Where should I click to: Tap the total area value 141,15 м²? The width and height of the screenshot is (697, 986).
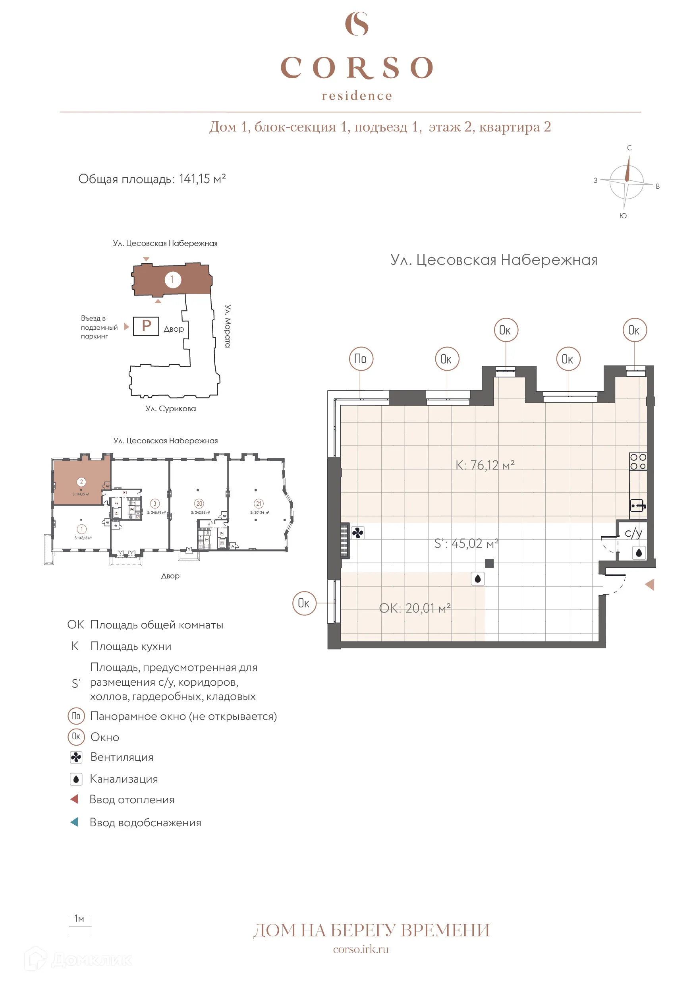tap(202, 179)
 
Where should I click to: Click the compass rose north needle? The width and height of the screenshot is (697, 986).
tap(627, 168)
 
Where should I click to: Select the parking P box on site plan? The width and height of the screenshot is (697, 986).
tap(146, 326)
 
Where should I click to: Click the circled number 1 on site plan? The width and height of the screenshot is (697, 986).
tap(173, 280)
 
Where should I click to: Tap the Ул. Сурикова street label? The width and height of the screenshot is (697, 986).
tap(170, 408)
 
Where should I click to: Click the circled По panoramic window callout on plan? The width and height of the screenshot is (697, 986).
tap(361, 359)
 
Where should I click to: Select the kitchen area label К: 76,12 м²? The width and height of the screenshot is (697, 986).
tap(485, 465)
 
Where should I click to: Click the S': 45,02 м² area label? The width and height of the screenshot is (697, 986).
tap(466, 543)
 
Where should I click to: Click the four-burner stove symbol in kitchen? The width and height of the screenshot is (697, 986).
tap(638, 462)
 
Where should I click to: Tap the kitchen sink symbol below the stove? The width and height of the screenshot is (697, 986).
tap(637, 505)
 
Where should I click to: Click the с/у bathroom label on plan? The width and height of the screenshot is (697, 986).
tap(633, 533)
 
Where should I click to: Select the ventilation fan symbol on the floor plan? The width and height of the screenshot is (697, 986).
tap(357, 533)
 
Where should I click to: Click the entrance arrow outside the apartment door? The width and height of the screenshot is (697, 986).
tap(650, 584)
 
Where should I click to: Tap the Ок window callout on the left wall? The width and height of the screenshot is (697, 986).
tap(304, 603)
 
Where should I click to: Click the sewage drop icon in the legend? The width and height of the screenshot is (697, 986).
tap(76, 779)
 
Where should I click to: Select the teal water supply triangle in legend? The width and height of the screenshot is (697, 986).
tap(74, 822)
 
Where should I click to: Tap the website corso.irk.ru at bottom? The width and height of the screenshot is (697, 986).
tap(361, 949)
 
